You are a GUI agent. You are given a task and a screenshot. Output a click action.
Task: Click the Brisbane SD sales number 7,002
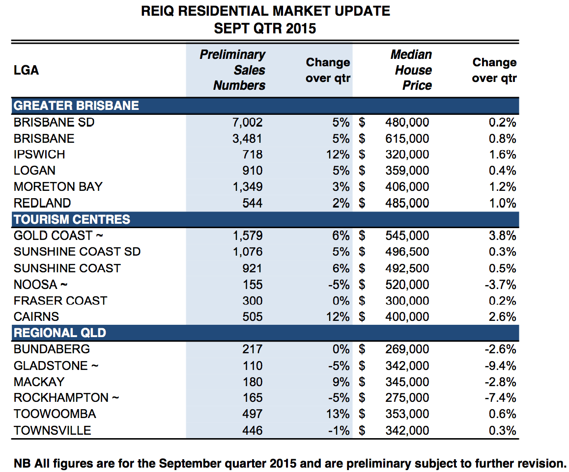coord(247,123)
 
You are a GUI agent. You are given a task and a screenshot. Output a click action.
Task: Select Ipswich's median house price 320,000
coord(407,155)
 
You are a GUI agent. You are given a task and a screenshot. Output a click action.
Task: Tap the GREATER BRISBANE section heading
coord(76,106)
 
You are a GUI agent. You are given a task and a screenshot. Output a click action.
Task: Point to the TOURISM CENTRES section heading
coord(72,219)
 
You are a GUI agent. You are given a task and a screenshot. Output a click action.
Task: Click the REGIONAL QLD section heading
coord(60,333)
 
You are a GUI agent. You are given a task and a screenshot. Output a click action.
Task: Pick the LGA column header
coord(26,70)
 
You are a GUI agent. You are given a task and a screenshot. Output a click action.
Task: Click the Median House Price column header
coord(411,70)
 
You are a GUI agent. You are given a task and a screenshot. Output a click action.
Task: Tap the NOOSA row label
coord(41,285)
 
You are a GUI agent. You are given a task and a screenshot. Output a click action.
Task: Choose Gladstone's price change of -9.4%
coord(500,366)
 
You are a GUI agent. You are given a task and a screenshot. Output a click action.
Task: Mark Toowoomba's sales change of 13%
coord(338,414)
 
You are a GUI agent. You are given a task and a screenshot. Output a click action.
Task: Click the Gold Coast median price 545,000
coord(407,236)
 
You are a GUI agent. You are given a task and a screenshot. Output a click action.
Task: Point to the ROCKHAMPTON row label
coord(66,398)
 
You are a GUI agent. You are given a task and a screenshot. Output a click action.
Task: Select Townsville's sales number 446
coord(253,431)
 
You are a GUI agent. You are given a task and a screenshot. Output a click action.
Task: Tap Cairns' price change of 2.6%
coord(503,317)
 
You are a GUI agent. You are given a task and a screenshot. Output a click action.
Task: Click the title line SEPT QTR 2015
coord(265,28)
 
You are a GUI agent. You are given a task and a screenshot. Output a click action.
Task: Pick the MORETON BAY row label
coord(58,187)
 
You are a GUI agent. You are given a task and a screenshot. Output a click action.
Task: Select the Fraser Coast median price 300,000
coord(407,301)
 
